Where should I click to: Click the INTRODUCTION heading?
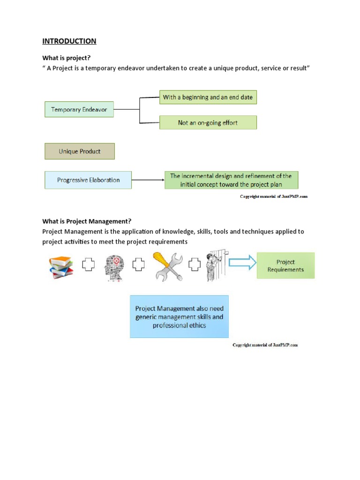(x=69, y=41)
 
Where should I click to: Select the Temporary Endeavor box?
(x=79, y=110)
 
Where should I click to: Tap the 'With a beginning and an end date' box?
(x=208, y=97)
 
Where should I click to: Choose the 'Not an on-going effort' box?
(x=208, y=123)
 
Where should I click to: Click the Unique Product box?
(x=79, y=151)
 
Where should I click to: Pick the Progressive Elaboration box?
(x=88, y=180)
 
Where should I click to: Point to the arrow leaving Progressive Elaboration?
(x=148, y=180)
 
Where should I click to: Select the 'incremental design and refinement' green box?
(x=231, y=180)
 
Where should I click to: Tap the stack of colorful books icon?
(x=61, y=267)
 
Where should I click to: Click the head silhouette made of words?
(x=112, y=267)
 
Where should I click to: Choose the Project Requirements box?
(x=285, y=266)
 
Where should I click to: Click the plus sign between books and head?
(x=88, y=265)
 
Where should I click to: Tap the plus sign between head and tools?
(x=138, y=265)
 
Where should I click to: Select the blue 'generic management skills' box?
(x=179, y=316)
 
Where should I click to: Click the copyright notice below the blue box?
(x=265, y=345)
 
